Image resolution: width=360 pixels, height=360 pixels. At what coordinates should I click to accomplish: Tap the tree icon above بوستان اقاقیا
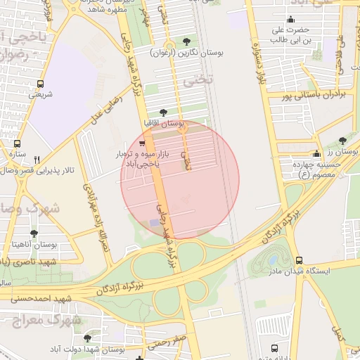[x=164, y=112]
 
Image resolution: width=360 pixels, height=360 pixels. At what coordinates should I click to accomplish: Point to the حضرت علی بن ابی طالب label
[x=292, y=34]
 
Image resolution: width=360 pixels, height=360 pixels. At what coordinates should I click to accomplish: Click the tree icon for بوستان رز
[x=342, y=141]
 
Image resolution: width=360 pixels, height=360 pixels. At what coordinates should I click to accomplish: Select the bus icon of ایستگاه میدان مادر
[x=300, y=259]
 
